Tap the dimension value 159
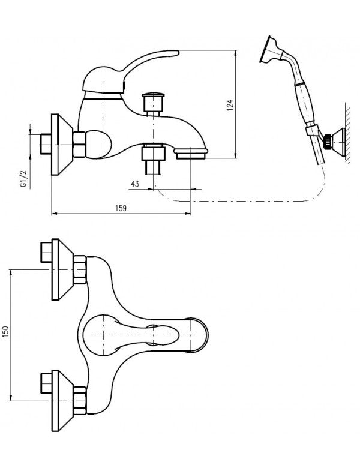click(x=121, y=208)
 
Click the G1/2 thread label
click(x=22, y=179)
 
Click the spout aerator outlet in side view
click(x=191, y=155)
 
